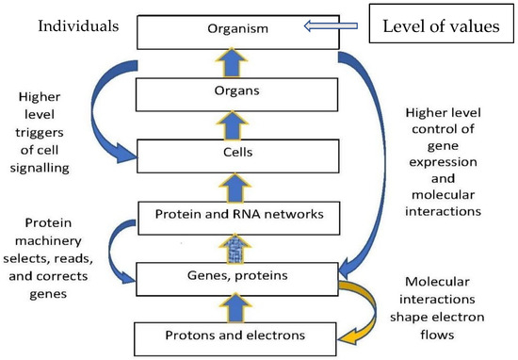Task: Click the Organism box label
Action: (238, 29)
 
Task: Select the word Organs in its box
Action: (236, 90)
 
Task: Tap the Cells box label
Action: (238, 153)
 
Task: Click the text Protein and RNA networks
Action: (239, 214)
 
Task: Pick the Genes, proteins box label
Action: (237, 276)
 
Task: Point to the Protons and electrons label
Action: (235, 335)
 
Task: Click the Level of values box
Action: (442, 24)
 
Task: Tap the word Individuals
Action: (78, 26)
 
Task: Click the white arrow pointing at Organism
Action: (331, 25)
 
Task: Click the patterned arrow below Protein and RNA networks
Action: (235, 249)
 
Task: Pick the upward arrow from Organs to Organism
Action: (232, 63)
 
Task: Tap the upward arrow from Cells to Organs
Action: (233, 125)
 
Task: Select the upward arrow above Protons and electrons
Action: (235, 308)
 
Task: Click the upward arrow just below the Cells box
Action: (235, 188)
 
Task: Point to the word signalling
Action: (40, 169)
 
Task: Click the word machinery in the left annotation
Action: (48, 241)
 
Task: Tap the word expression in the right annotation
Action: (443, 162)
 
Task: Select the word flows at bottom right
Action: (437, 335)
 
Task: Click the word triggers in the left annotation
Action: (40, 133)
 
